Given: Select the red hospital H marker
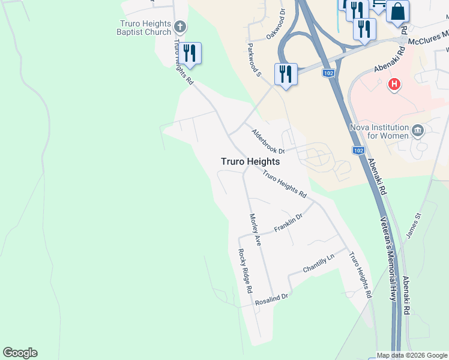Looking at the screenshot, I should pyautogui.click(x=394, y=85).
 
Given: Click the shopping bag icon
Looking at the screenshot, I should pyautogui.click(x=397, y=11).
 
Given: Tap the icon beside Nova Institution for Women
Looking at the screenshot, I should pyautogui.click(x=418, y=130).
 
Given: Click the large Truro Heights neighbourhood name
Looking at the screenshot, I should pyautogui.click(x=250, y=161).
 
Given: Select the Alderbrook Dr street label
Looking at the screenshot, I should pyautogui.click(x=268, y=142).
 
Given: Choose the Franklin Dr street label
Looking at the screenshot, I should pyautogui.click(x=289, y=224).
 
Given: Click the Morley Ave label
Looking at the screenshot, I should pyautogui.click(x=255, y=229).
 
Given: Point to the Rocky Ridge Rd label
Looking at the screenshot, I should pyautogui.click(x=244, y=271).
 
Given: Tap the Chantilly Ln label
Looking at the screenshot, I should pyautogui.click(x=318, y=261).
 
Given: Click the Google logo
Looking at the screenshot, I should pyautogui.click(x=20, y=353).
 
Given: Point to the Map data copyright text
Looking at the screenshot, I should pyautogui.click(x=411, y=355).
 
